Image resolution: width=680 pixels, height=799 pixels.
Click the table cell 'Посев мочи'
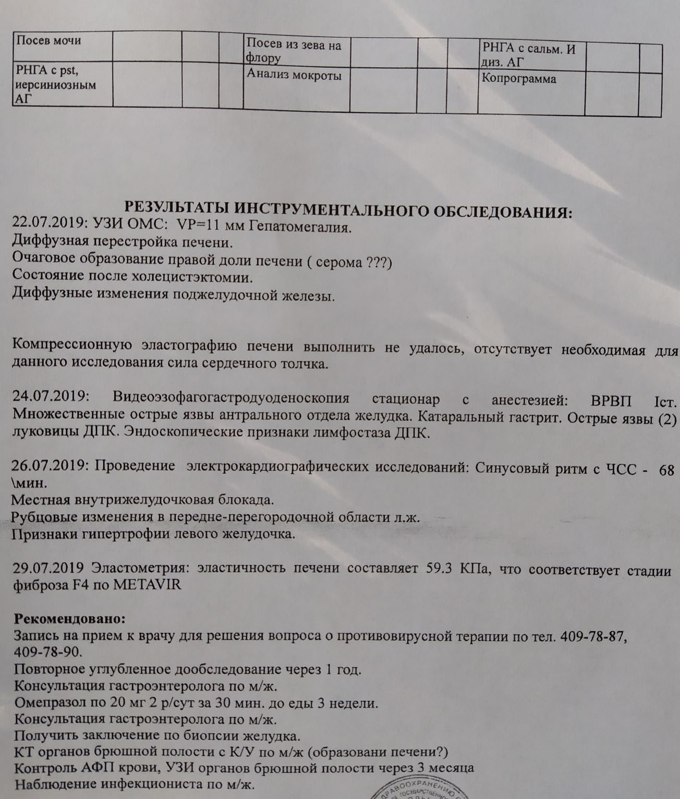[x=49, y=41]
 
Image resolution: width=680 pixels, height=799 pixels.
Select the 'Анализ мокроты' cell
[x=294, y=76]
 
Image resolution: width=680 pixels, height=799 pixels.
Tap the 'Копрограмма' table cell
[x=519, y=79]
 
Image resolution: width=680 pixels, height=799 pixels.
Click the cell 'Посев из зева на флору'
[x=294, y=51]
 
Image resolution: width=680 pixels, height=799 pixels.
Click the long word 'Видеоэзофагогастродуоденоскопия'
[x=230, y=399]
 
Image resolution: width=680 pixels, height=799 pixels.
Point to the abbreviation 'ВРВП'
[x=611, y=401]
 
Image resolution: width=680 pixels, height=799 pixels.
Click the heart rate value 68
[x=667, y=470]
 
